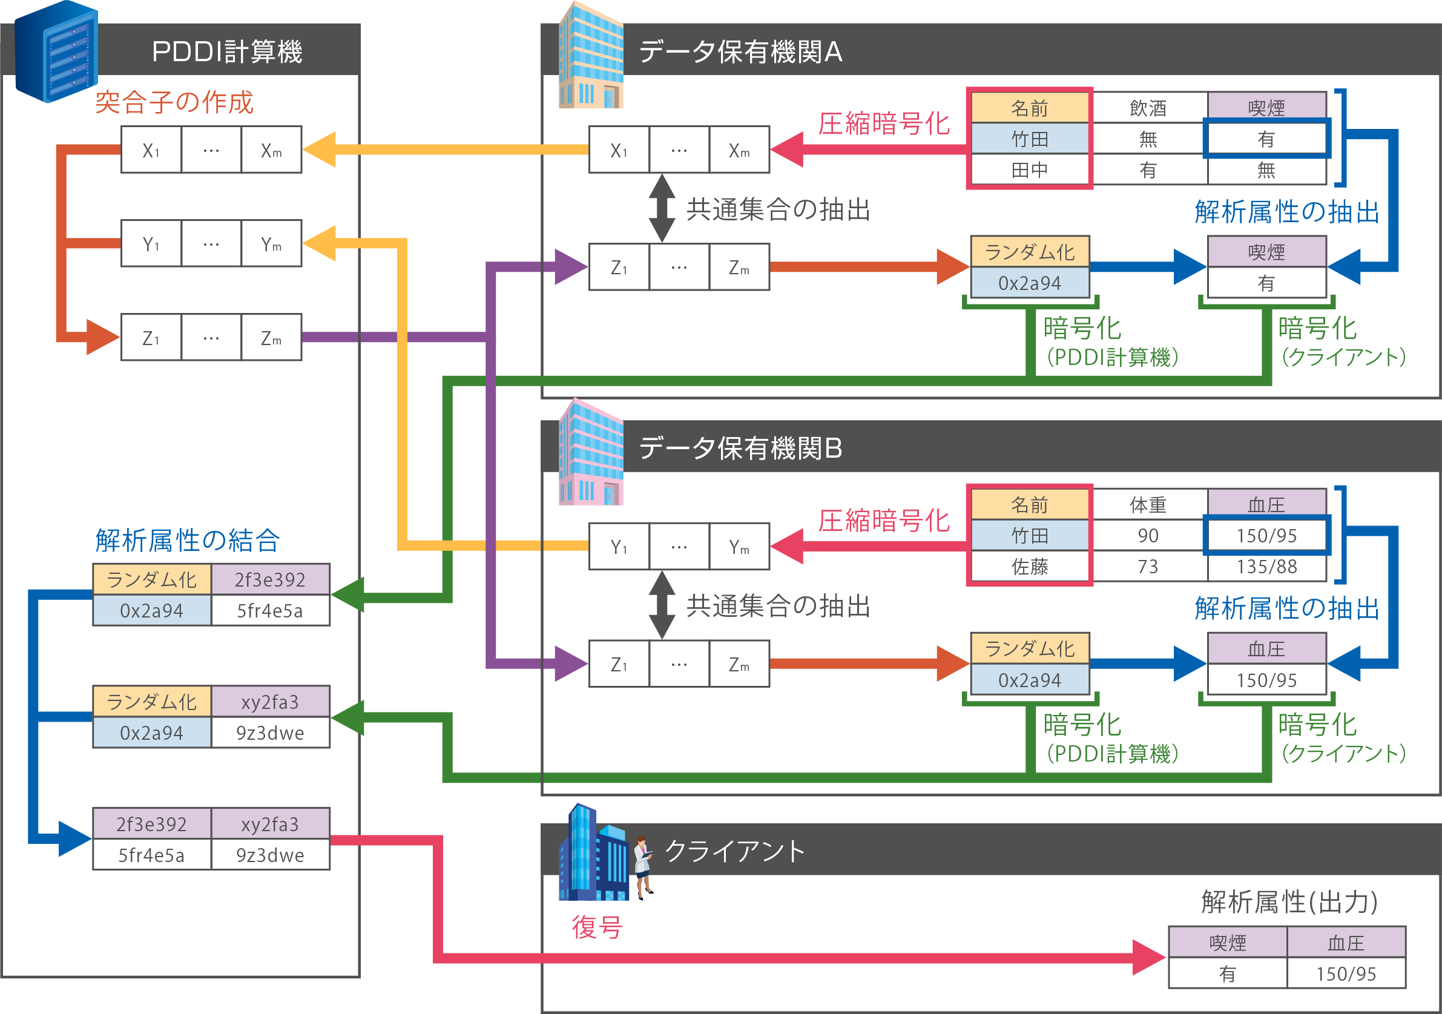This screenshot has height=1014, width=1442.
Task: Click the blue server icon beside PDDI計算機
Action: point(56,51)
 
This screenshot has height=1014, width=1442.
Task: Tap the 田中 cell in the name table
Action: point(1029,170)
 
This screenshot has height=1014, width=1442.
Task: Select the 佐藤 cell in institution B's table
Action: point(1029,567)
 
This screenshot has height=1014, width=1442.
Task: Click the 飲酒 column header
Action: point(1147,108)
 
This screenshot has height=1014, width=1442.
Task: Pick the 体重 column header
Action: point(1147,505)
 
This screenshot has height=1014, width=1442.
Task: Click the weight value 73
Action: point(1147,567)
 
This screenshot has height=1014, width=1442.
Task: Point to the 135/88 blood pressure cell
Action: point(1266,567)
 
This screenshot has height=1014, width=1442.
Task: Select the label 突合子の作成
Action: point(174,102)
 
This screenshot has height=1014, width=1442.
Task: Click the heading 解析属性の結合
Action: point(187,540)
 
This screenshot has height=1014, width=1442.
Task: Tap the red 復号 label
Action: point(597,927)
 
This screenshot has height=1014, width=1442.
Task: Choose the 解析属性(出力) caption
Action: point(1289,902)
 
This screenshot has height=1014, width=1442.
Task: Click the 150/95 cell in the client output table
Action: point(1346,974)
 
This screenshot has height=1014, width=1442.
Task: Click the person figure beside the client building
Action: point(643,866)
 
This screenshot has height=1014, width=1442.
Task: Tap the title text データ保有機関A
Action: point(740,51)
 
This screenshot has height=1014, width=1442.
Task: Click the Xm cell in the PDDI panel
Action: point(271,150)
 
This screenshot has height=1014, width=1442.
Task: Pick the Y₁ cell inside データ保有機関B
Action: point(619,547)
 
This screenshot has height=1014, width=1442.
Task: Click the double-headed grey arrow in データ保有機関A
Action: point(662,208)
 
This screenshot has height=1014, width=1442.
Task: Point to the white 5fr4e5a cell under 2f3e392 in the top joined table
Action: point(270,610)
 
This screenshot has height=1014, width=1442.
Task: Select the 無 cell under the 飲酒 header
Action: point(1147,139)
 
